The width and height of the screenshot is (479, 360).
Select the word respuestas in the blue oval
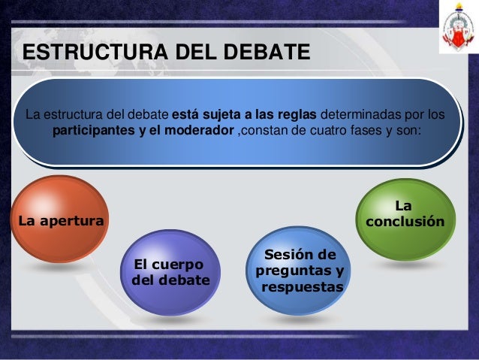coord(302,287)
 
